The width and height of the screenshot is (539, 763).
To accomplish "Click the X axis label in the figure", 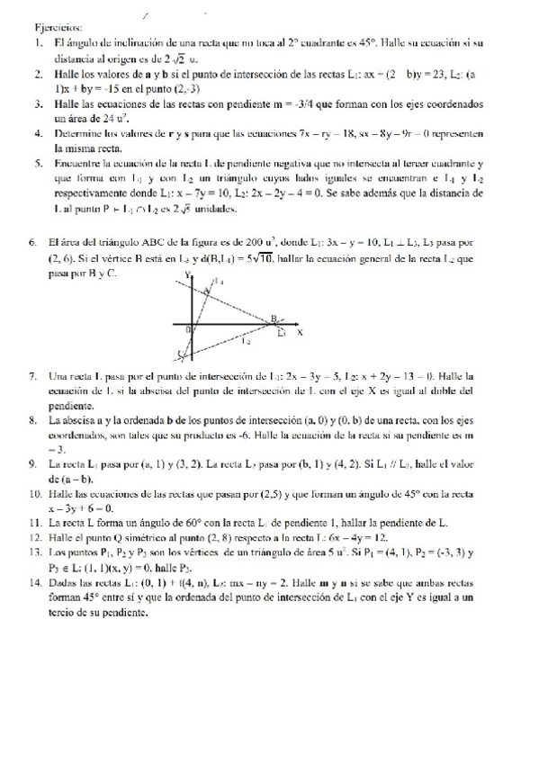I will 299,332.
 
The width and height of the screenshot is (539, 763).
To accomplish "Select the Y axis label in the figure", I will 187,274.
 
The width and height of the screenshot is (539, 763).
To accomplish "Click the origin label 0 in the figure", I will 188,329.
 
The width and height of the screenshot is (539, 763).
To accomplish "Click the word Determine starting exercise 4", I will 80,133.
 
